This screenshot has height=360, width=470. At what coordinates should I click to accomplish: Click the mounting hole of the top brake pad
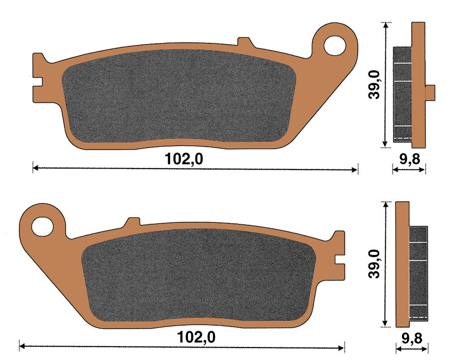click(335, 46)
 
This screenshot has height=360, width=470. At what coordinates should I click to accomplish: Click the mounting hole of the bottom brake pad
click(42, 226)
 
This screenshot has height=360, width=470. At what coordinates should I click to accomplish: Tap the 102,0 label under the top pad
click(184, 159)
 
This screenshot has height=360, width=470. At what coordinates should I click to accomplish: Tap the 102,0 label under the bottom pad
click(196, 337)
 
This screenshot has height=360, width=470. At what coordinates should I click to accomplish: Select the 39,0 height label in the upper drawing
click(374, 85)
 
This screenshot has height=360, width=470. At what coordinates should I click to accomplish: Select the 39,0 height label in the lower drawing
click(375, 264)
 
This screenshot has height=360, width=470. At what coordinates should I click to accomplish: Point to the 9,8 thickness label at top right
click(410, 159)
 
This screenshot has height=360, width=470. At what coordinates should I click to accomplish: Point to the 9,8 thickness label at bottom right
click(412, 338)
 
